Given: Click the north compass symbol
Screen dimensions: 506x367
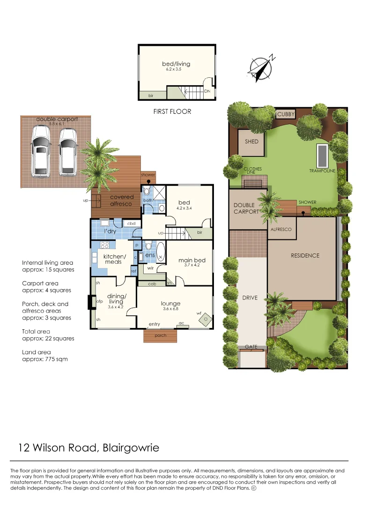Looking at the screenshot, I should pyautogui.click(x=261, y=68).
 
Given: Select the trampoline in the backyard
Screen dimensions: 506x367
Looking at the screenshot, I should pyautogui.click(x=323, y=155).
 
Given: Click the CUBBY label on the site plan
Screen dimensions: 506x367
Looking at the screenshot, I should pyautogui.click(x=285, y=114).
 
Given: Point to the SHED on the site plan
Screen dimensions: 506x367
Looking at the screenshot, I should pyautogui.click(x=251, y=141).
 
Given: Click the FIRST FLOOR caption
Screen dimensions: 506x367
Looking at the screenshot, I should pyautogui.click(x=172, y=112).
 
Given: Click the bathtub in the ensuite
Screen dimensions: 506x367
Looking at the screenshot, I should pyautogui.click(x=160, y=252).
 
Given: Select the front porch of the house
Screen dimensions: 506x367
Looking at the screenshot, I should pyautogui.click(x=160, y=335).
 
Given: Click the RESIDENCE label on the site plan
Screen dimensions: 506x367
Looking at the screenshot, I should pyautogui.click(x=305, y=255).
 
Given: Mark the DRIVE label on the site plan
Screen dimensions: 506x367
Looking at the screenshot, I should pyautogui.click(x=250, y=298).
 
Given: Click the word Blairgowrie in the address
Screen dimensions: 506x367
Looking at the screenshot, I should pyautogui.click(x=130, y=447).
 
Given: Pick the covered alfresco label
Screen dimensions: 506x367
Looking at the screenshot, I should pyautogui.click(x=122, y=200).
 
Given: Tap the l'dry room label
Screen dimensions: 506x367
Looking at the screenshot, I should pyautogui.click(x=110, y=231).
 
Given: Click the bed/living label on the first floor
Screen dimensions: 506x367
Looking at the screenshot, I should pyautogui.click(x=176, y=64).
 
